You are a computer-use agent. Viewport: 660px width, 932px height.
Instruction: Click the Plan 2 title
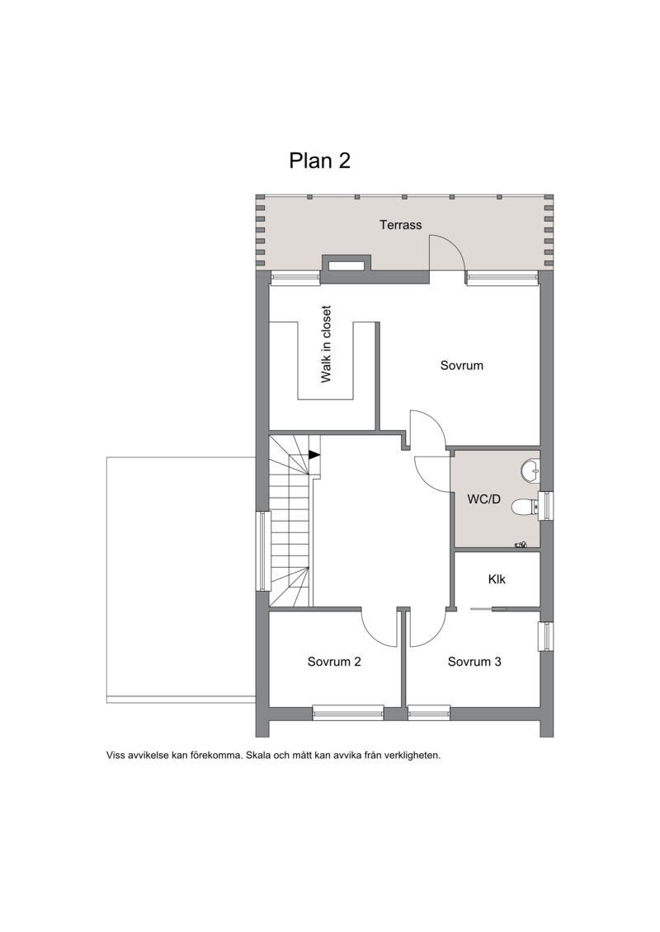click(319, 161)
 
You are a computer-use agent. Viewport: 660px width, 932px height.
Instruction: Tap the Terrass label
click(400, 225)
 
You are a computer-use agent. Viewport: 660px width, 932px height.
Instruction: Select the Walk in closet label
click(326, 344)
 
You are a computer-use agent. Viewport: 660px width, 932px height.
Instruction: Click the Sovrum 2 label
click(334, 662)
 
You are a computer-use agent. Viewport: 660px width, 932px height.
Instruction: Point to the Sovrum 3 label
click(474, 662)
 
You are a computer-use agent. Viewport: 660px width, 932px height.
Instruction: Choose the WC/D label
click(483, 499)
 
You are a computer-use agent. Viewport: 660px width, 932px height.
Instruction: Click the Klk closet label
click(497, 579)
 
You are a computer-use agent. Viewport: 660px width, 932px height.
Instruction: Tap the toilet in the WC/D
click(525, 507)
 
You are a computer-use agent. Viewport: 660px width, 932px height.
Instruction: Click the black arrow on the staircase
click(314, 455)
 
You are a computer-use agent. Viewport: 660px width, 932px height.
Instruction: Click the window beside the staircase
click(262, 551)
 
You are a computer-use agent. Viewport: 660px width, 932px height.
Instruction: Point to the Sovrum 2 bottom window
click(348, 712)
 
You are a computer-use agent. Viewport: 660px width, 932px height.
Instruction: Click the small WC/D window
click(545, 506)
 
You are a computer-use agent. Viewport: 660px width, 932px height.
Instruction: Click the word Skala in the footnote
click(258, 756)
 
